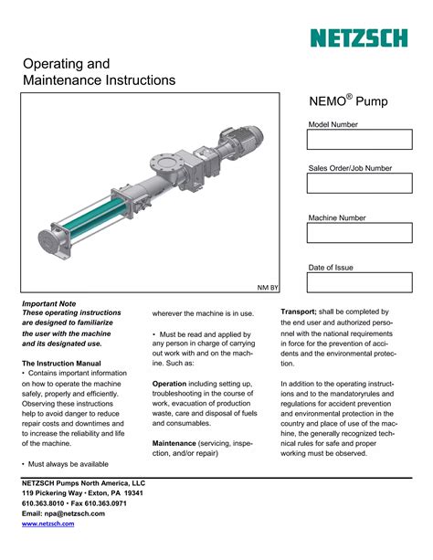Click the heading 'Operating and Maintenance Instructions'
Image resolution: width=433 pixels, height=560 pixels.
coord(98,72)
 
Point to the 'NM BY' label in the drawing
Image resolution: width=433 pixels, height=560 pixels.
coord(267,286)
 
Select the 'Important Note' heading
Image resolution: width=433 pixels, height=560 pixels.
coord(48,303)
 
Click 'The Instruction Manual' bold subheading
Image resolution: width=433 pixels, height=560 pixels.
coord(59,364)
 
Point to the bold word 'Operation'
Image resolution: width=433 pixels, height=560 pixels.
coord(169,384)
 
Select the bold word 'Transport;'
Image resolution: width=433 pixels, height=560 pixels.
coord(299,312)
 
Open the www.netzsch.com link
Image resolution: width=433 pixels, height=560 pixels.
coord(48,524)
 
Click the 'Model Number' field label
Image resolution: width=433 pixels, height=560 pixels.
coord(333,124)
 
